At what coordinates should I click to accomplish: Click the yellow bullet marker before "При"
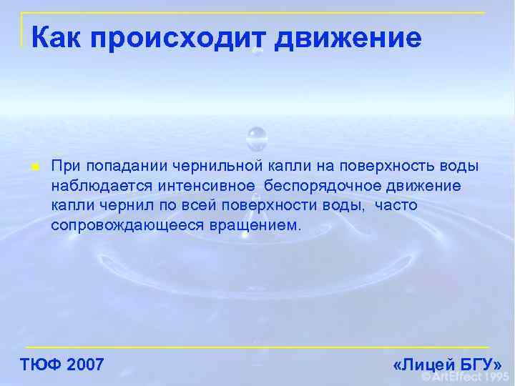pyautogui.click(x=34, y=167)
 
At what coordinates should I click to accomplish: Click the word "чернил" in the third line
pyautogui.click(x=115, y=206)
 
